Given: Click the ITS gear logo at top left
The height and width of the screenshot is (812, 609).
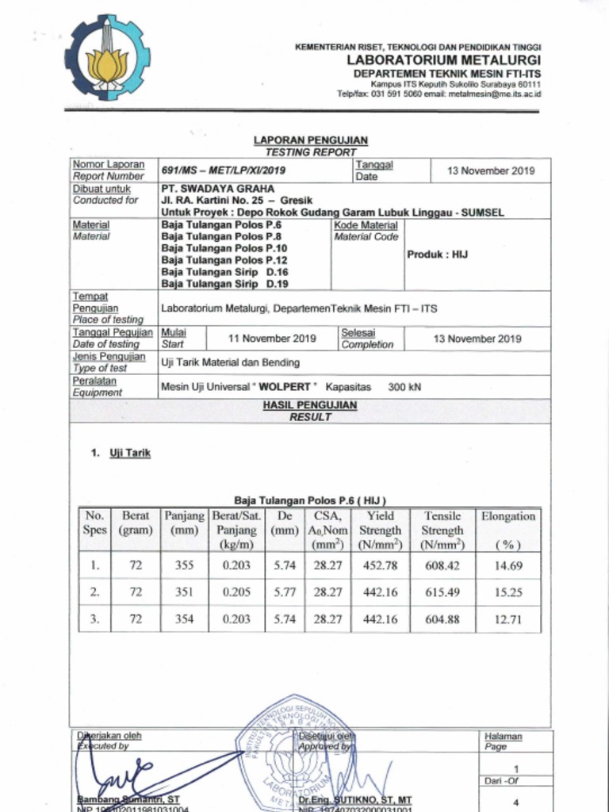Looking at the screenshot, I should coord(107,57).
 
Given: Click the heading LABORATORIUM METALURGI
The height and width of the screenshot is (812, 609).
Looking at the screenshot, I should coord(443,60).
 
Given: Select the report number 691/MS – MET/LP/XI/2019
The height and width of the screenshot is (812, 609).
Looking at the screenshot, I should coord(224,170).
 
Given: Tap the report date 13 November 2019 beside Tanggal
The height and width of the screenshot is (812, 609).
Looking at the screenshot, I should coord(491,170).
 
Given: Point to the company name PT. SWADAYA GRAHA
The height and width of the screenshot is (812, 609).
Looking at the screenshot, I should coord(218,189).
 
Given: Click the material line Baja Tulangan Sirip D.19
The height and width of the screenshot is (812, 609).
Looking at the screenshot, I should coord(224,283).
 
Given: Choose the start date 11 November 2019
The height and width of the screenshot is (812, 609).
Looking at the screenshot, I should coord(272,339).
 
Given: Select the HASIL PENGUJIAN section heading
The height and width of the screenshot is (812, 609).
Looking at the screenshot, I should coord(310,405).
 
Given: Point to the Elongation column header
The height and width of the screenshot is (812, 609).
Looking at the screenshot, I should coord(508,516).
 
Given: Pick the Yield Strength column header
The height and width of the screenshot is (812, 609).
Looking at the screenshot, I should coord(381,530).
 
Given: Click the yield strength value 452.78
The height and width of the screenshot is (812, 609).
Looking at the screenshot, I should coord(381,566).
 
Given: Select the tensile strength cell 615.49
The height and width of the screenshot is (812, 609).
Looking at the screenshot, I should coord(442,592).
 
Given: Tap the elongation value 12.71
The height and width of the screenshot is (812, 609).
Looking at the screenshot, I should coord(508,620).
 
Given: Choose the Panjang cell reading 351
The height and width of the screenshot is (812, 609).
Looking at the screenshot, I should coord(184,592).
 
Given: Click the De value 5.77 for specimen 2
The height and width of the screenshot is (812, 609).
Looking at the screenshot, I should coord(285,592).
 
